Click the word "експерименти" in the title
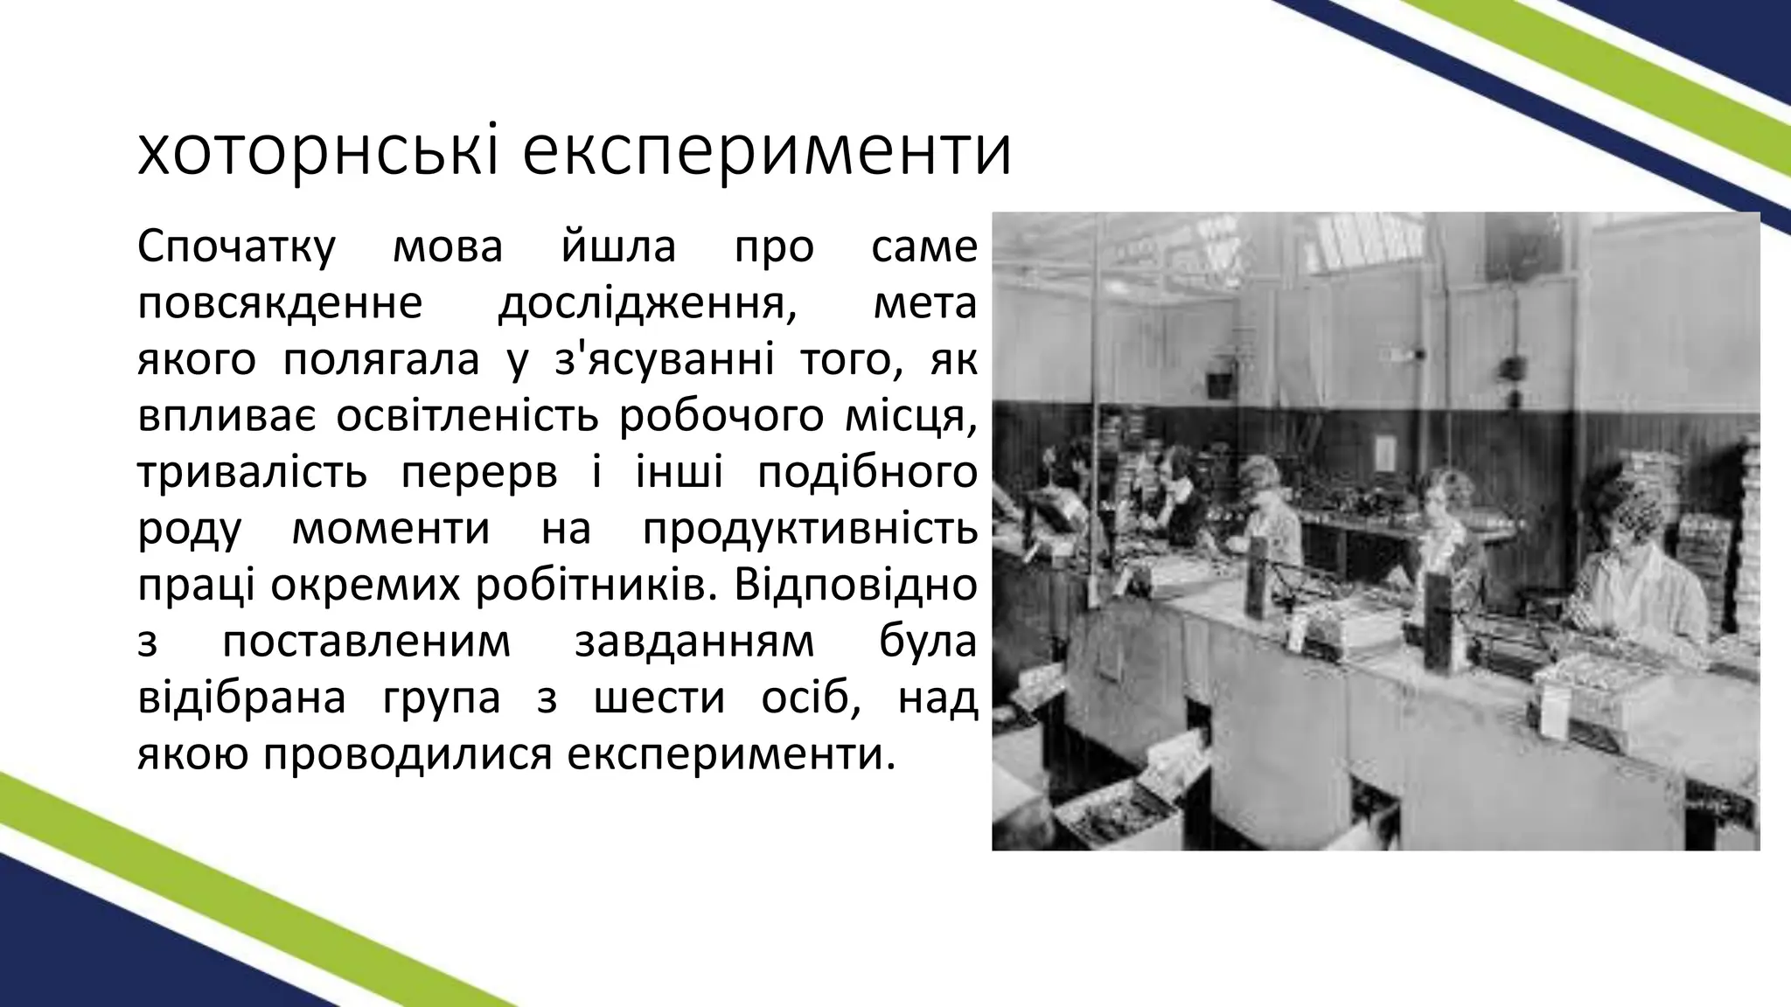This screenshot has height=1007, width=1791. (767, 153)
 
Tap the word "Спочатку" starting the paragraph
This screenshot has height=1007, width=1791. (236, 247)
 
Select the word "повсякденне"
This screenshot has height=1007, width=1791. (280, 304)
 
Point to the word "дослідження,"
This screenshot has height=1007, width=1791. (647, 304)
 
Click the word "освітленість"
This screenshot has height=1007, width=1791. (467, 417)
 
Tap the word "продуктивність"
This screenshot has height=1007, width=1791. (809, 529)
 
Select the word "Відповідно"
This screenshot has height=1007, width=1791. (855, 585)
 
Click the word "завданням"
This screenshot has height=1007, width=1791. (694, 642)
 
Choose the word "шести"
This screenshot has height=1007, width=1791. (659, 698)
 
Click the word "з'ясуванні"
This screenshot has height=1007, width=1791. (665, 360)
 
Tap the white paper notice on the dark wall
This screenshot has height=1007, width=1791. (1385, 452)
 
